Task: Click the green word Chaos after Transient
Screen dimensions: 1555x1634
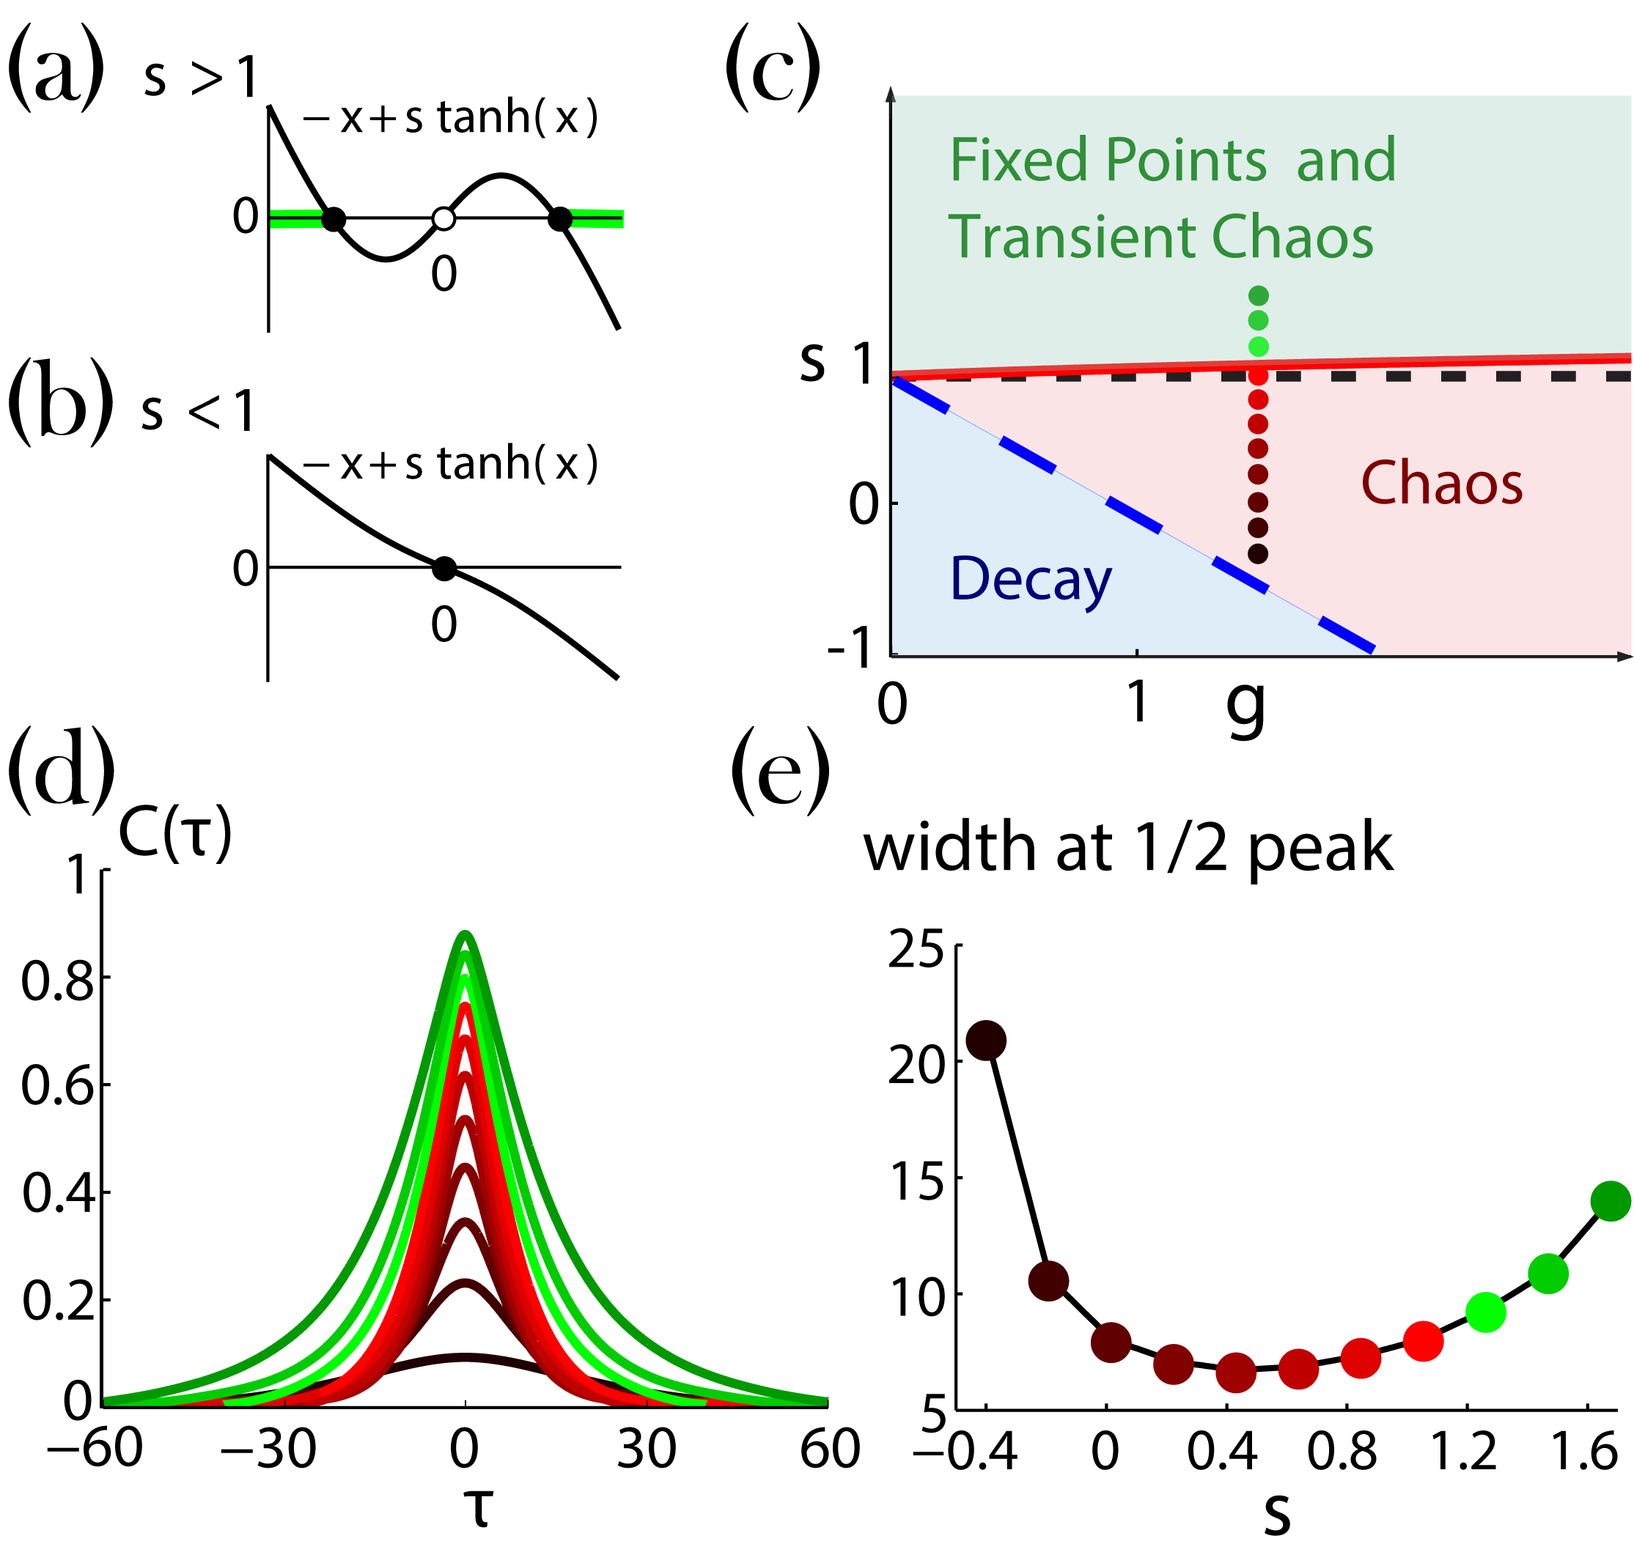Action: (1292, 237)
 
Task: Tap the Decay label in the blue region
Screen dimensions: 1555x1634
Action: (1030, 579)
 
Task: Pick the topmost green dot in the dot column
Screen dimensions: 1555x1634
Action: (1258, 296)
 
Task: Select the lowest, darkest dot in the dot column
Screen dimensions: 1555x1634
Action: (1258, 554)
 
